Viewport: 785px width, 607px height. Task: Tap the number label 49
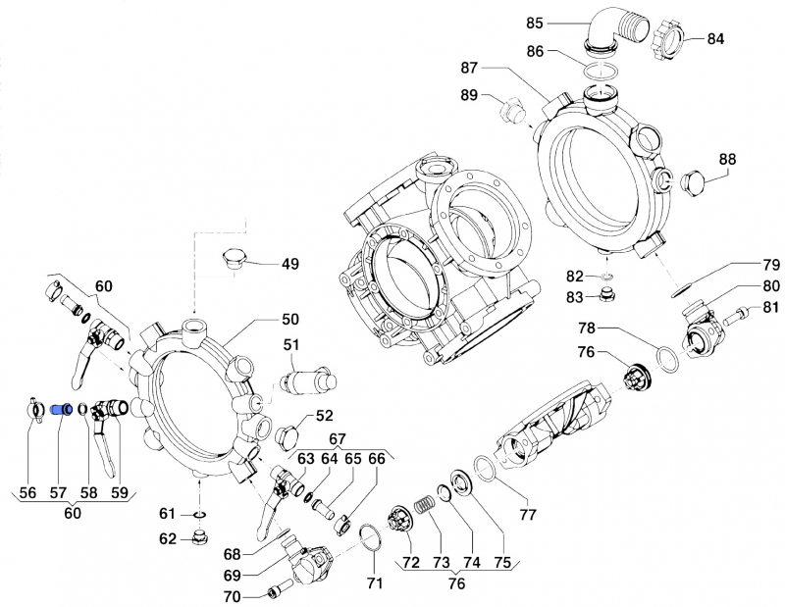coord(290,264)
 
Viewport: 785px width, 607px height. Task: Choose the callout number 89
coord(469,95)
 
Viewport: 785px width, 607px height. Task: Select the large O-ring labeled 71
coord(370,537)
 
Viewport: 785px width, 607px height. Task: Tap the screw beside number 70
coord(276,592)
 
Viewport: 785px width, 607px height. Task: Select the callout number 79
coord(771,265)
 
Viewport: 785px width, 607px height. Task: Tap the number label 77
coord(528,513)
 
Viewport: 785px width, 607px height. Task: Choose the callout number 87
coord(469,68)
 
